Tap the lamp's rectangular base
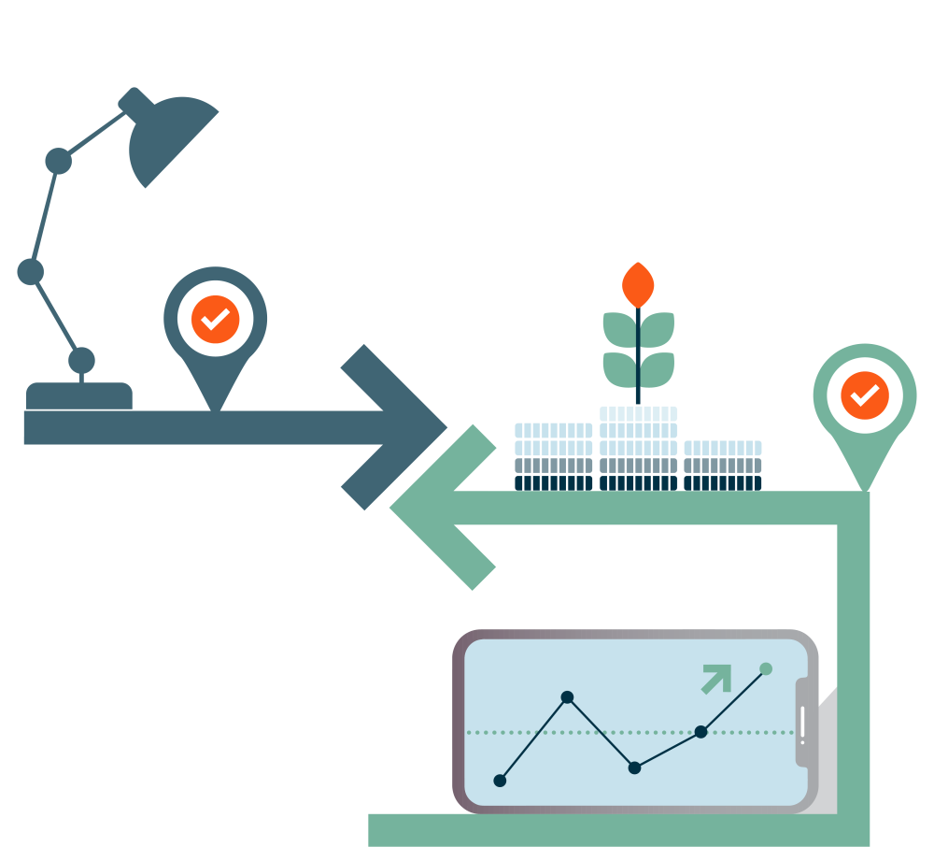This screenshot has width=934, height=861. click(79, 395)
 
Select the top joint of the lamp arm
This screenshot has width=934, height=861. click(59, 161)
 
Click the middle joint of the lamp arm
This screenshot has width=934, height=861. click(31, 271)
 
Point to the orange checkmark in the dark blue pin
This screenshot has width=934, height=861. click(216, 320)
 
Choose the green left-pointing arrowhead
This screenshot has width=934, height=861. click(439, 508)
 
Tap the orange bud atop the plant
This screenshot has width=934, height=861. click(638, 284)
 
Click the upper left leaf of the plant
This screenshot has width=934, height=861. click(618, 328)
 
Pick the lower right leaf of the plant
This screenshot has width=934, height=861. click(658, 369)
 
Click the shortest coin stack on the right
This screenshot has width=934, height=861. click(722, 466)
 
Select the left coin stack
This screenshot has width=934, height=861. click(553, 456)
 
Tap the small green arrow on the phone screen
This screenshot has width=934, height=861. click(716, 679)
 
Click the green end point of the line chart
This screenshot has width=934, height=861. click(766, 668)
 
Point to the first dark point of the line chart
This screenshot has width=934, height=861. click(500, 781)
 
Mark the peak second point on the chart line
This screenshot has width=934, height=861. click(567, 697)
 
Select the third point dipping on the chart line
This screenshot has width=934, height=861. click(634, 768)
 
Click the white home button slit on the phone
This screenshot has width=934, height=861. click(802, 725)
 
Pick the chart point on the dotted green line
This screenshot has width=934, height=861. click(700, 732)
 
